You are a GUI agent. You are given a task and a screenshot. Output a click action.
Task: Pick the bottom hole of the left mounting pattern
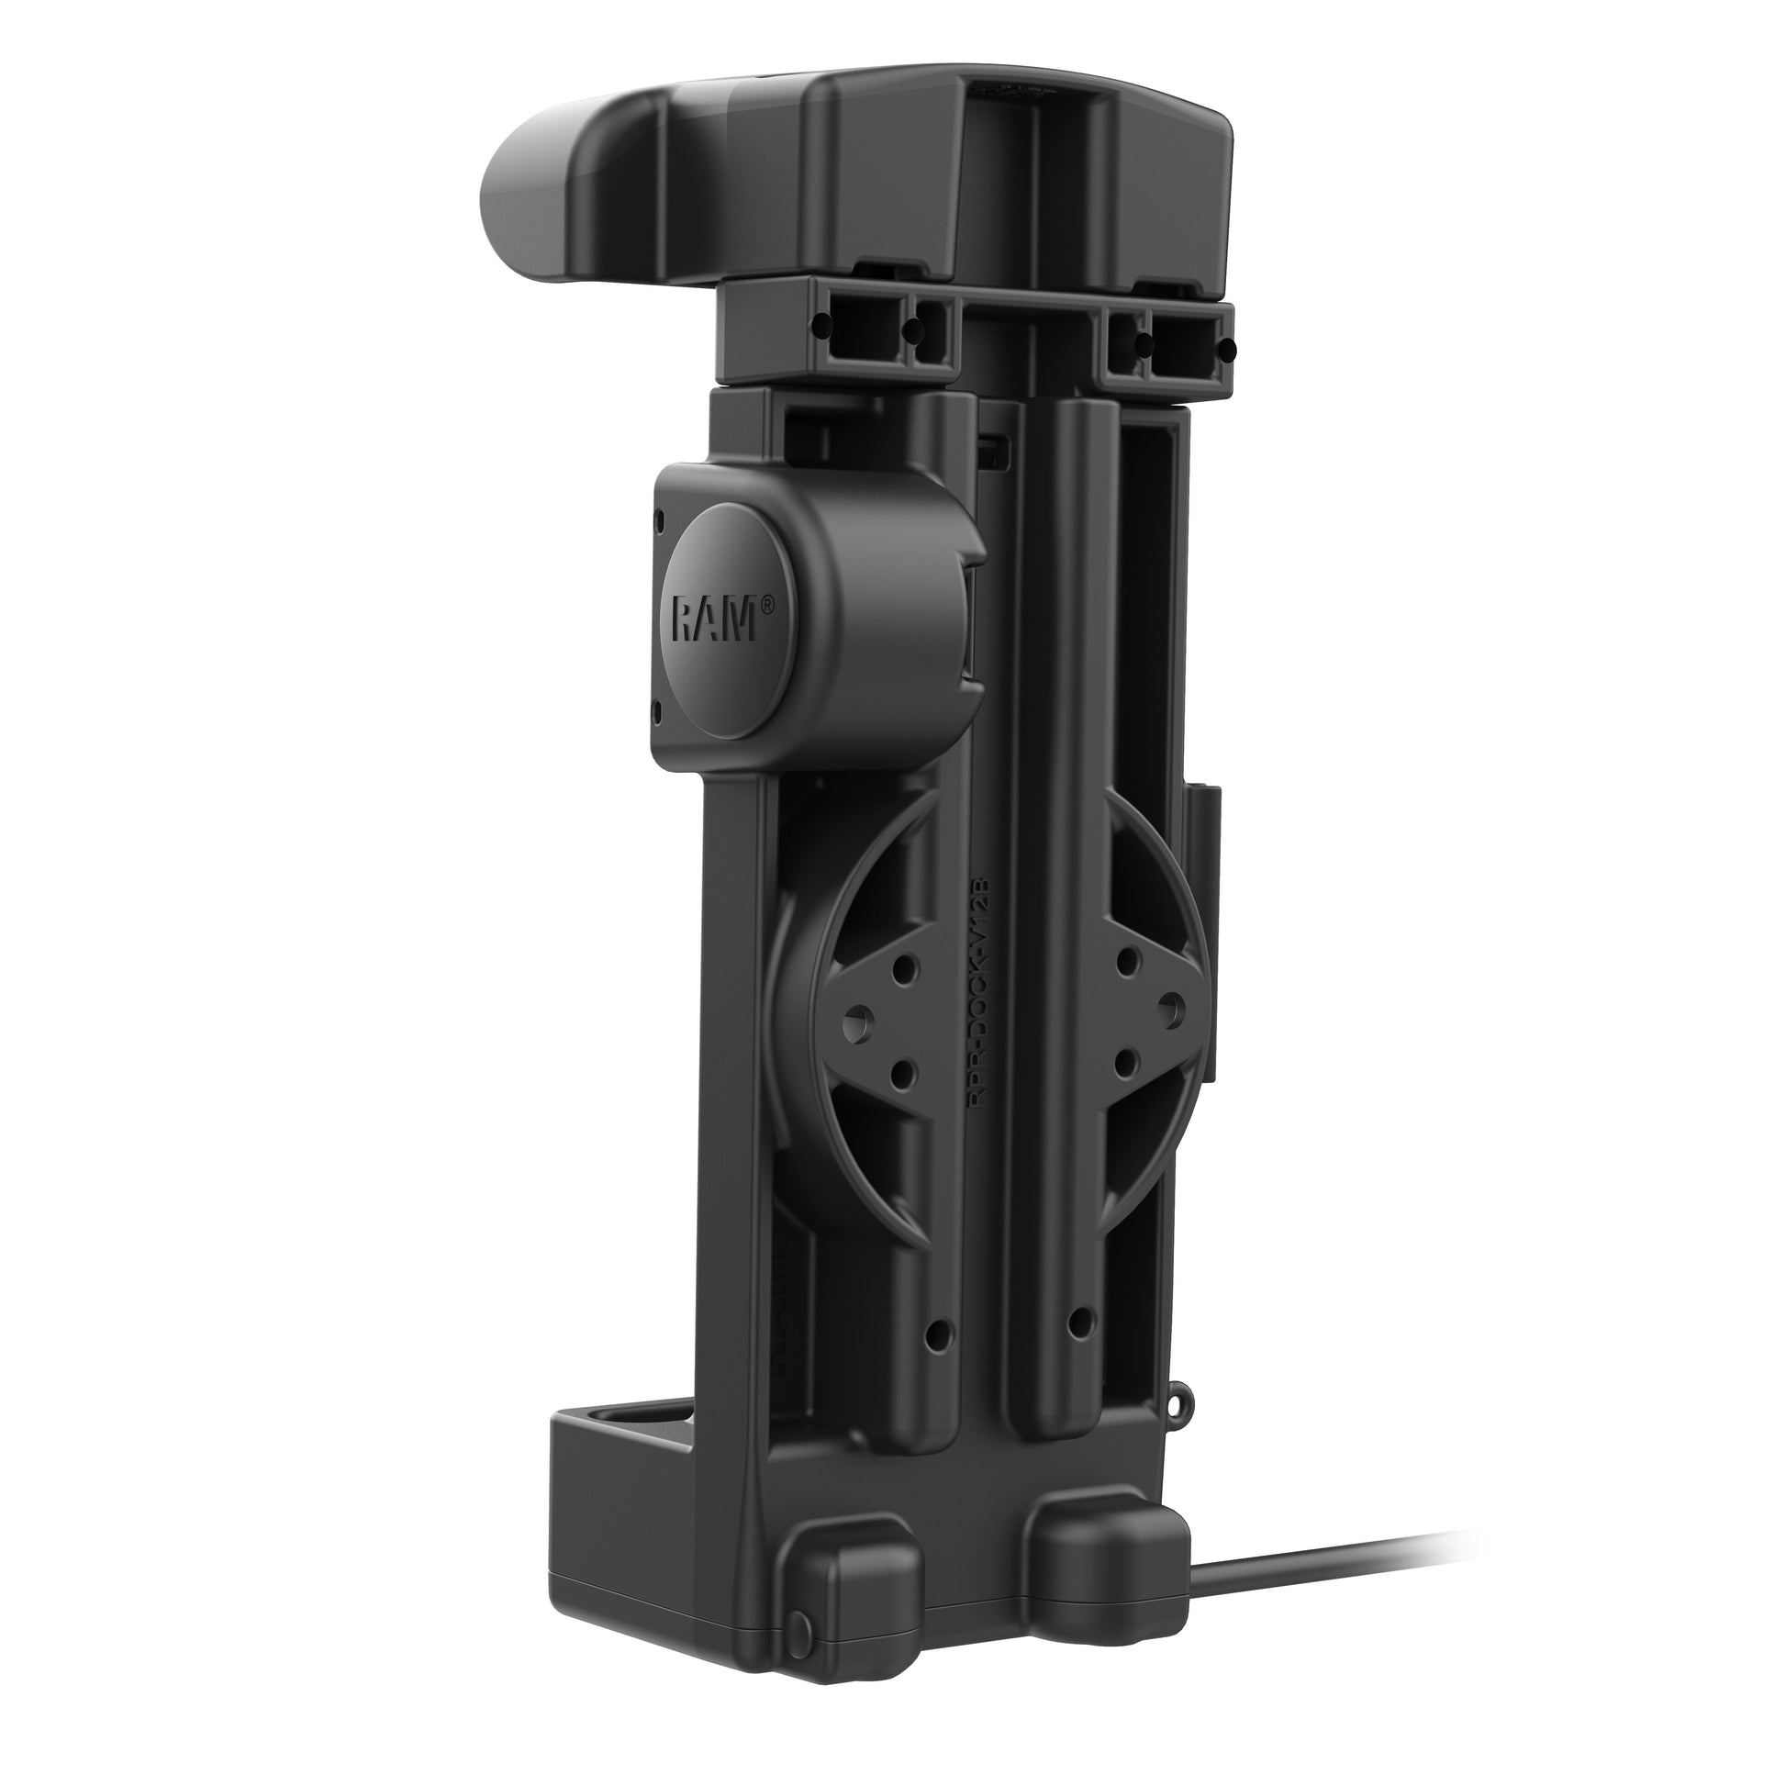click(902, 1073)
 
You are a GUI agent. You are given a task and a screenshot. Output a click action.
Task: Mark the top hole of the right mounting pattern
click(1126, 958)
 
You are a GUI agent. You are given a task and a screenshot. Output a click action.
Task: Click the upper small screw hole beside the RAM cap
click(659, 523)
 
